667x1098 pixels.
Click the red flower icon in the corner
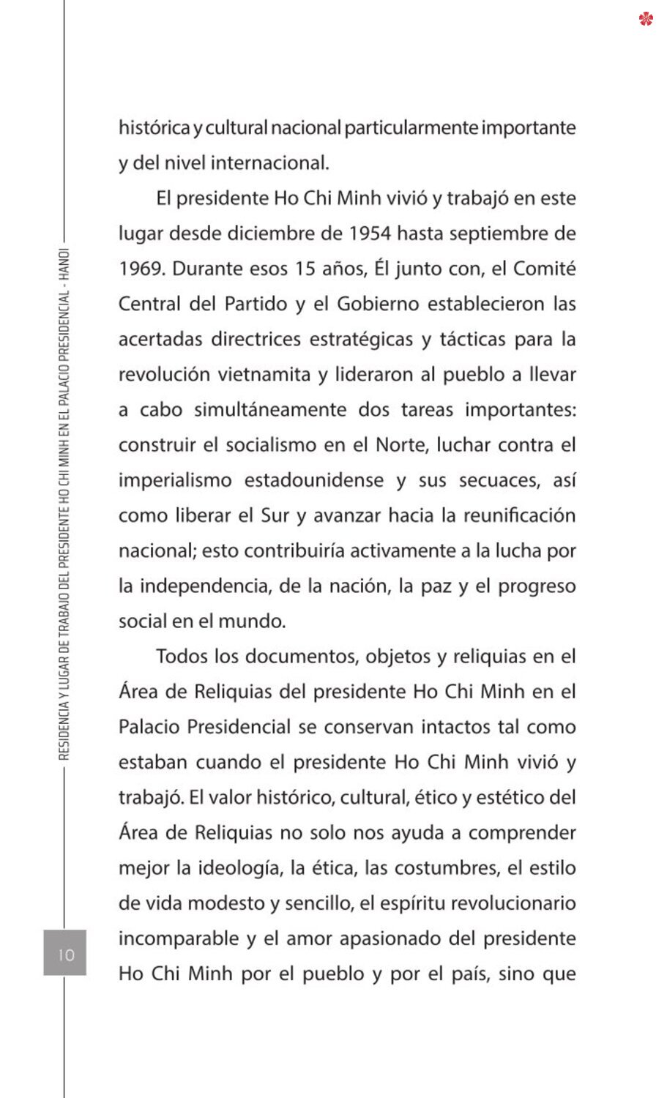click(x=645, y=19)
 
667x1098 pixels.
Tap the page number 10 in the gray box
click(x=66, y=955)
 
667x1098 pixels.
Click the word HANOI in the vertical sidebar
click(x=64, y=266)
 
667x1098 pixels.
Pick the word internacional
click(x=269, y=163)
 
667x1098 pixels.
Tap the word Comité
click(x=544, y=269)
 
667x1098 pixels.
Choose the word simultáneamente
click(x=270, y=410)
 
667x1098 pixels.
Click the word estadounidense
click(x=314, y=480)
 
